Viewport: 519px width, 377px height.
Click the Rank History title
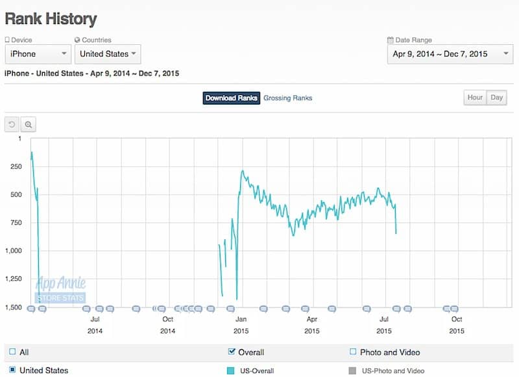51,19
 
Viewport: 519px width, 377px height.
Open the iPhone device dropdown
38,54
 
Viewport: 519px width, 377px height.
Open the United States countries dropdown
108,54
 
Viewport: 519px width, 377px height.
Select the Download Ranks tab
232,98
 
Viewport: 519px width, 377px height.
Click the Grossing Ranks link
287,98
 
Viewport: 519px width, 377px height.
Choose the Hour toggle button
475,97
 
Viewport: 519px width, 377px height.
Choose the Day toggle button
497,97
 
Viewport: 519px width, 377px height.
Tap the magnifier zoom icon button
29,124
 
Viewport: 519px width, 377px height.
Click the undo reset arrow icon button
12,124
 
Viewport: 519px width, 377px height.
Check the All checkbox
12,352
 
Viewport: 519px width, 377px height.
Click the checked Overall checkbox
232,352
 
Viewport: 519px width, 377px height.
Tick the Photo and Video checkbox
353,352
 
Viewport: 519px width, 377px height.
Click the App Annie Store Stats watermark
61,289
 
